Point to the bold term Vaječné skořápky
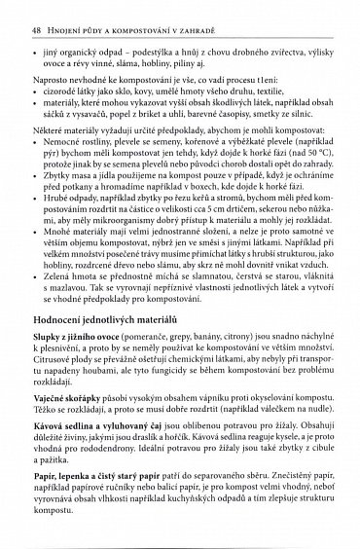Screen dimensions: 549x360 point(64,409)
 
